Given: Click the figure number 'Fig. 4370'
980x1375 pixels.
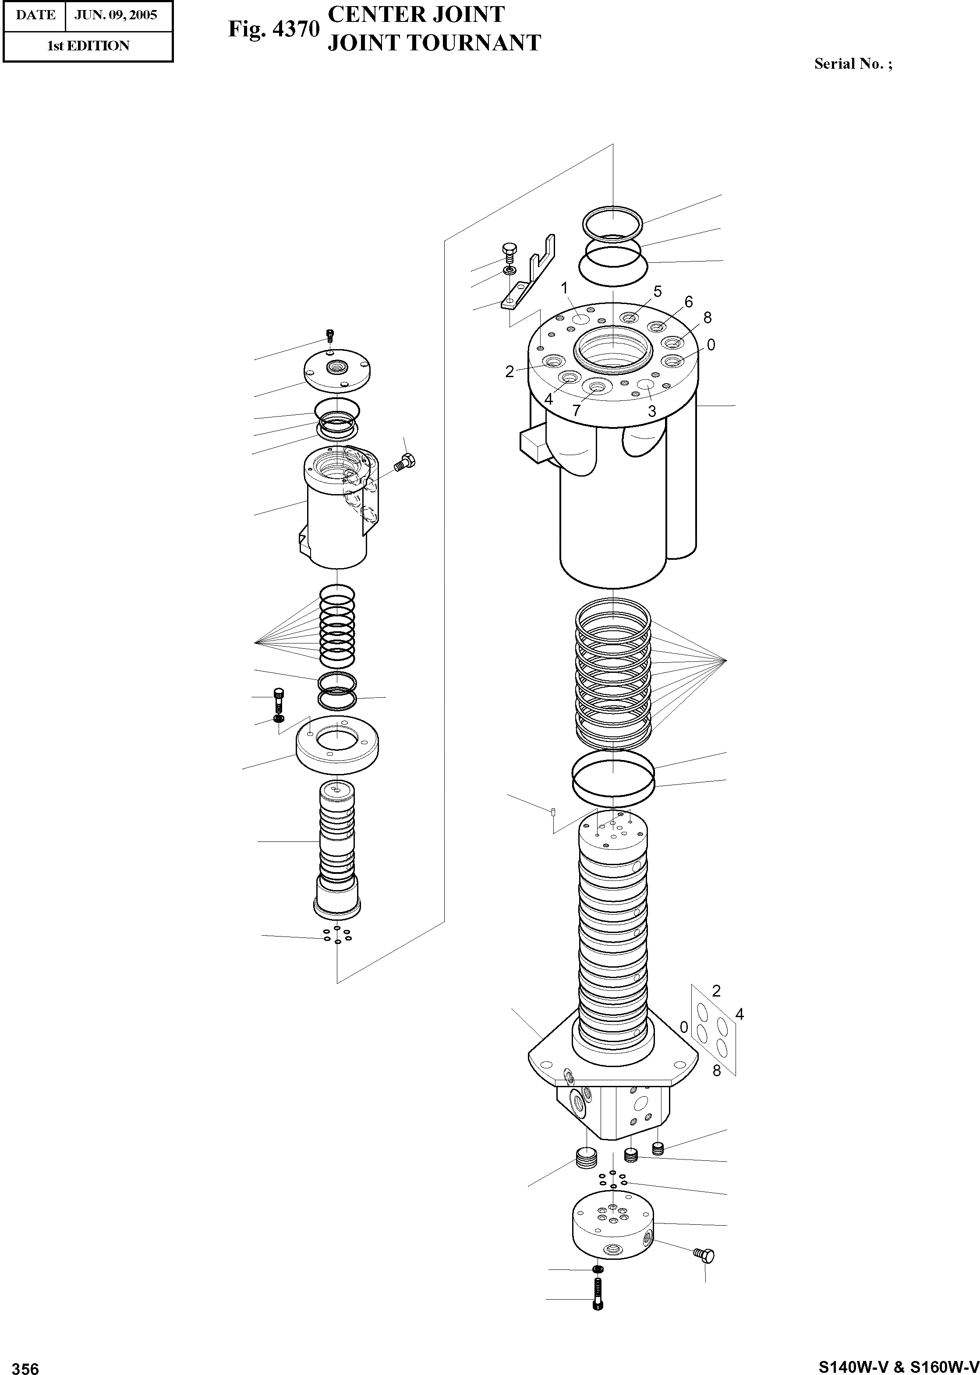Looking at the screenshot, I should tap(273, 29).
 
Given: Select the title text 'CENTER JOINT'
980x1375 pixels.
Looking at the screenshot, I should tap(416, 14).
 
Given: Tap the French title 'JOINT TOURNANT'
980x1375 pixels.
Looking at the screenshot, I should tap(434, 43).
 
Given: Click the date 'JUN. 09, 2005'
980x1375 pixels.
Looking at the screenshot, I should tap(116, 15).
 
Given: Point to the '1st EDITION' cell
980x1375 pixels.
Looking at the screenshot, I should tap(88, 46).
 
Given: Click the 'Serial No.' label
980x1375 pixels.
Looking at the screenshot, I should tap(853, 64).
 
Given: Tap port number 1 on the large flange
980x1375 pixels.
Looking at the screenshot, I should tap(565, 288).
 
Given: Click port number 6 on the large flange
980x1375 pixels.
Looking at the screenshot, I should tap(689, 302).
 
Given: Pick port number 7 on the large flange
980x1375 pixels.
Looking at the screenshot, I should tap(576, 411).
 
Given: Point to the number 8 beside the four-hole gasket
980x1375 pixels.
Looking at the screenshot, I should tap(717, 1071).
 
